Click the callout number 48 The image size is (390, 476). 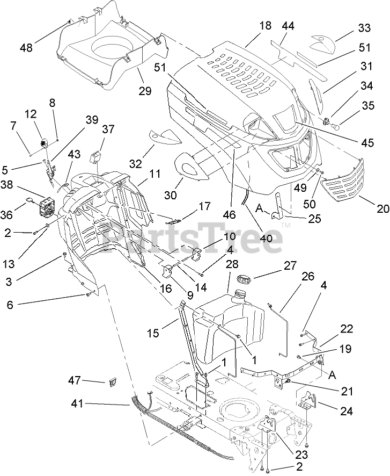pos(26,47)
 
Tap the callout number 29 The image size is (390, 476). pos(145,90)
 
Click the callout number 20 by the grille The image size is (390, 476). pos(382,208)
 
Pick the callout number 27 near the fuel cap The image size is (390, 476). pos(290,265)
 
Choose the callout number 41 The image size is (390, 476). pos(78,404)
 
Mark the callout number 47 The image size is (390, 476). pos(74,380)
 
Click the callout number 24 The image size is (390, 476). pos(347,411)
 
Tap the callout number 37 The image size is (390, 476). pos(108,129)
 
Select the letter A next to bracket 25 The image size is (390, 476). pos(259,208)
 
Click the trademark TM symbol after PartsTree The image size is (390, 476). pos(285,225)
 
